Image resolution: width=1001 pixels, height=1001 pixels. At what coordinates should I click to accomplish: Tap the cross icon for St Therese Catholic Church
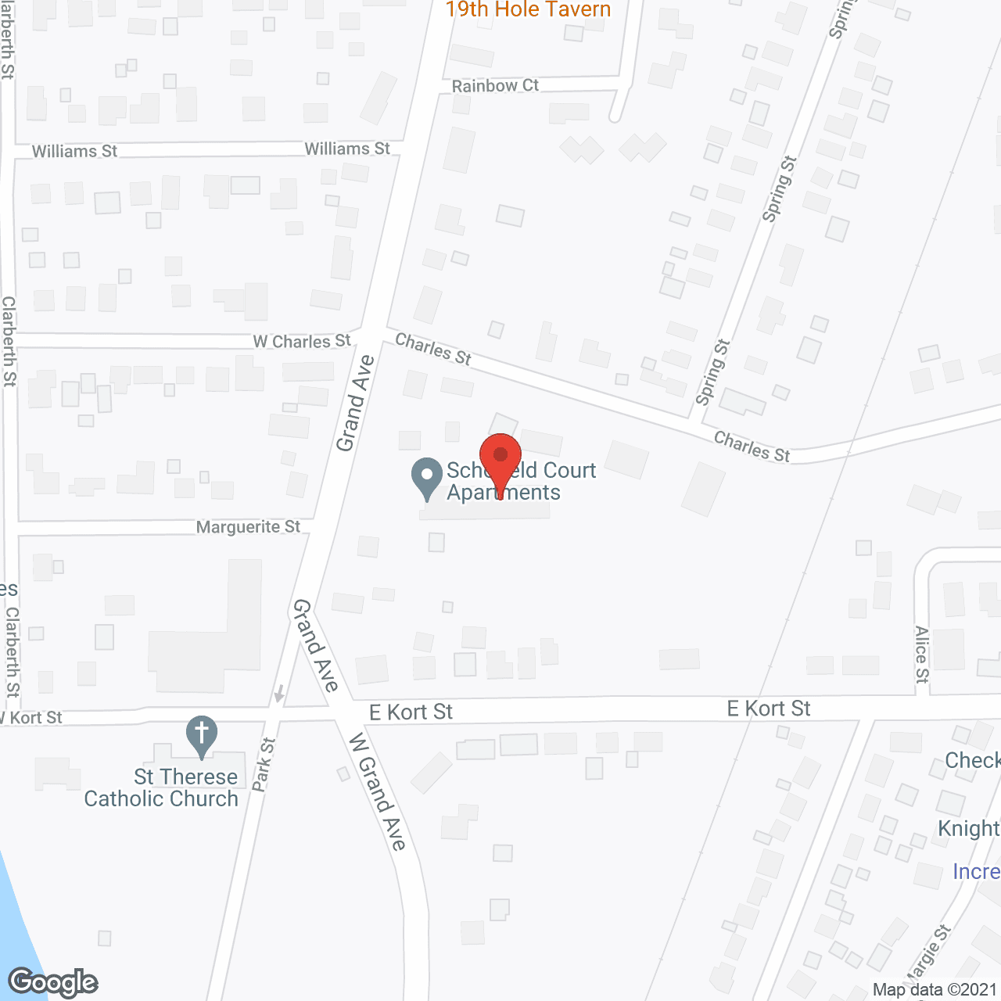tap(202, 735)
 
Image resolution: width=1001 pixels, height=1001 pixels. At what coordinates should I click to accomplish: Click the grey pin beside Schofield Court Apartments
tap(427, 477)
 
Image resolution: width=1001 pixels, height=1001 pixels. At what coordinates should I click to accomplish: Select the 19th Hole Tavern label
tap(528, 10)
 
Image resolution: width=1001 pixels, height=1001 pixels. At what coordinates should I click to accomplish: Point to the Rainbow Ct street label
tap(495, 85)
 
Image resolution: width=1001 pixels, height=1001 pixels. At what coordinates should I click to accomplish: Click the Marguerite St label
tap(248, 527)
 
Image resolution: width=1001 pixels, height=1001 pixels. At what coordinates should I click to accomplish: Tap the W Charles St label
tap(302, 342)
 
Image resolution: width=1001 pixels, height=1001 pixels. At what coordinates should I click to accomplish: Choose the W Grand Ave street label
tap(377, 791)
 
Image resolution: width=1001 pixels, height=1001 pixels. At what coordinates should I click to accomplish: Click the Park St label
tap(264, 764)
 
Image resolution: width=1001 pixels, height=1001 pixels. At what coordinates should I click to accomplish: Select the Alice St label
tap(922, 655)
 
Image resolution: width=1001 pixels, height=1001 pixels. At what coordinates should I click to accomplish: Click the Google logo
tap(53, 982)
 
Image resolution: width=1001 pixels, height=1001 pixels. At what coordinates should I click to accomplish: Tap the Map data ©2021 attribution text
tap(935, 990)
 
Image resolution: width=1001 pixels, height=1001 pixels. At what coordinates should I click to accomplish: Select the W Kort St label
tap(33, 718)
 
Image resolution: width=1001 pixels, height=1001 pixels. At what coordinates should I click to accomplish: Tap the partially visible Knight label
tap(969, 828)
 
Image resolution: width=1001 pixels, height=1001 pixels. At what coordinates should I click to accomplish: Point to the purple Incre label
tap(976, 871)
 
